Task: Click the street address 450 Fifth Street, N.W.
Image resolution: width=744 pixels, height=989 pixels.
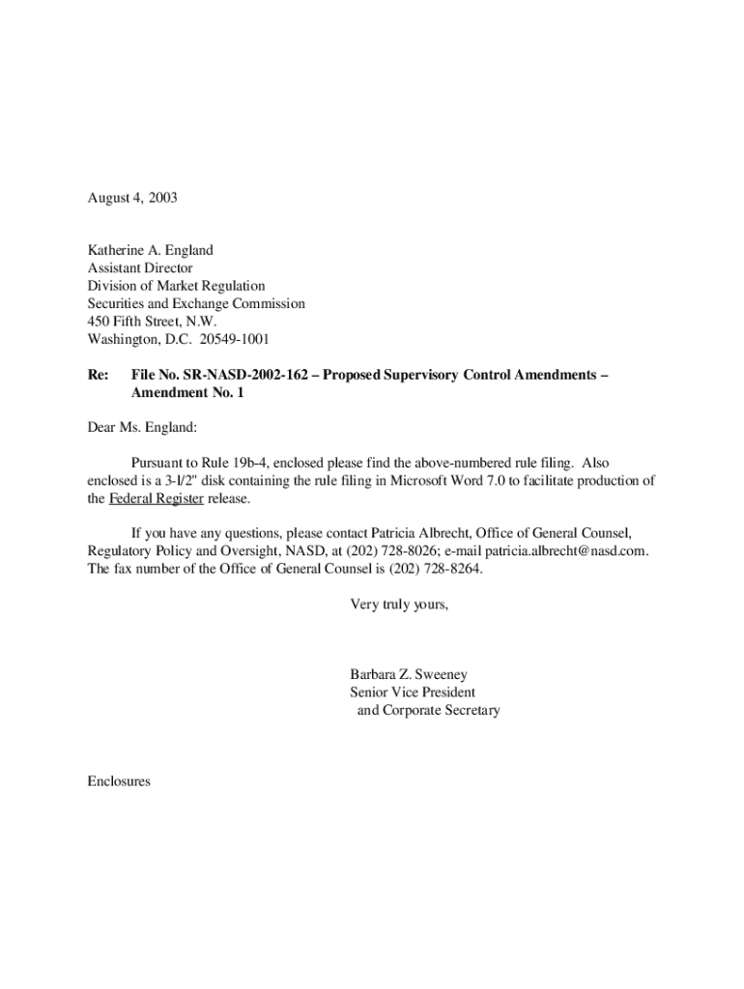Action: coord(152,321)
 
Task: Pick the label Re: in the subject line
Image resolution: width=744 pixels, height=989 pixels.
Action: coord(99,374)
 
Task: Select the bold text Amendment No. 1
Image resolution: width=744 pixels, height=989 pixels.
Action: coord(184,392)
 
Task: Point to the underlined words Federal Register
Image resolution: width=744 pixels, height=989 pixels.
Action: coord(156,498)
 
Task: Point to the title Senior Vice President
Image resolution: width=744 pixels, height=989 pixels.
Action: coord(413,692)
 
